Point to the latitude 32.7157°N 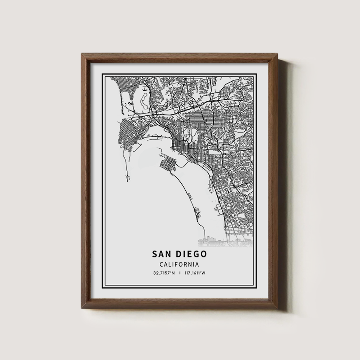pos(164,273)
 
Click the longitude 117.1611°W pos(195,273)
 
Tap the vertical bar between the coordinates pos(180,273)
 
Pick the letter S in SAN pos(155,254)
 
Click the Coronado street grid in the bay pos(168,164)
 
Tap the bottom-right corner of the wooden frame pos(278,309)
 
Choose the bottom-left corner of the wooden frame pos(82,309)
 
